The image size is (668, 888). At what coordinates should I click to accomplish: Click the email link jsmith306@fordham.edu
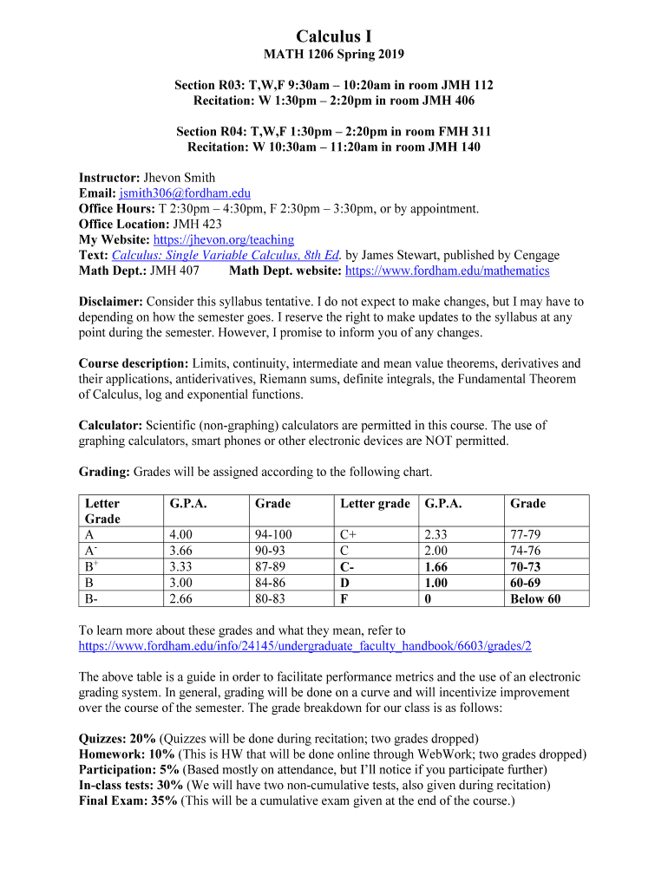(x=185, y=193)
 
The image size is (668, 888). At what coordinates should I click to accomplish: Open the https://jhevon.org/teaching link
(x=223, y=239)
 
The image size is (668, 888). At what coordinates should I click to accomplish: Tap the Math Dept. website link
(x=447, y=271)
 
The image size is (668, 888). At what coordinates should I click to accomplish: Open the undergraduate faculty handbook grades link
(x=305, y=646)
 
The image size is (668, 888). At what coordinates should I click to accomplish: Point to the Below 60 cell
(x=534, y=598)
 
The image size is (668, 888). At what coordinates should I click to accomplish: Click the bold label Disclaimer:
(x=111, y=302)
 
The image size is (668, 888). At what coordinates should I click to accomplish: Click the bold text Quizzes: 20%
(x=117, y=739)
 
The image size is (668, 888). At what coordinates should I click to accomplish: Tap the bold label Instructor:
(x=109, y=178)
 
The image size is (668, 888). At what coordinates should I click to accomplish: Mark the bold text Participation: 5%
(x=129, y=770)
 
